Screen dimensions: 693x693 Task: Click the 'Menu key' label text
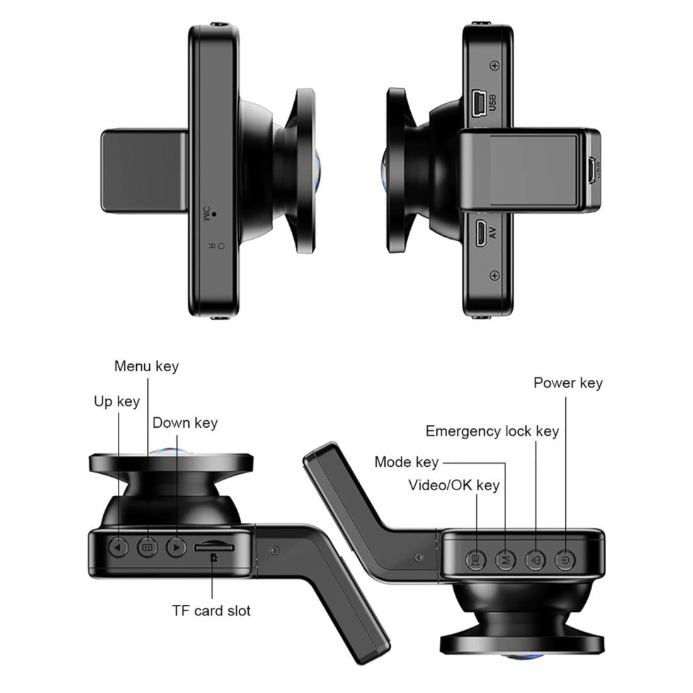[146, 366]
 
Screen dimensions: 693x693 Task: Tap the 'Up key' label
[117, 401]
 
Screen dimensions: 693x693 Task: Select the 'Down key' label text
[185, 422]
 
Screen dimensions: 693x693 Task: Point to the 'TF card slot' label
[211, 610]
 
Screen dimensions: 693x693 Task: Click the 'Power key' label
[568, 382]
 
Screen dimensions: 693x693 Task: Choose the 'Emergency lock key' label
[492, 431]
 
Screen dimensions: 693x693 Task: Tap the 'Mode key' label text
[406, 462]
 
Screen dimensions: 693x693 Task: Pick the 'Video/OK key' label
[454, 484]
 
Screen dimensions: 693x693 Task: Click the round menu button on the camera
[147, 547]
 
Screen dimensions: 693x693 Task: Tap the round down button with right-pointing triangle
[176, 547]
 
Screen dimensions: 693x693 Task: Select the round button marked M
[505, 558]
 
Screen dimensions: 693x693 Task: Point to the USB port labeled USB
[477, 103]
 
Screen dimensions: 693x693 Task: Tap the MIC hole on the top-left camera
[214, 214]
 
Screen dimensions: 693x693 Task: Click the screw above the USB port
[495, 66]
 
